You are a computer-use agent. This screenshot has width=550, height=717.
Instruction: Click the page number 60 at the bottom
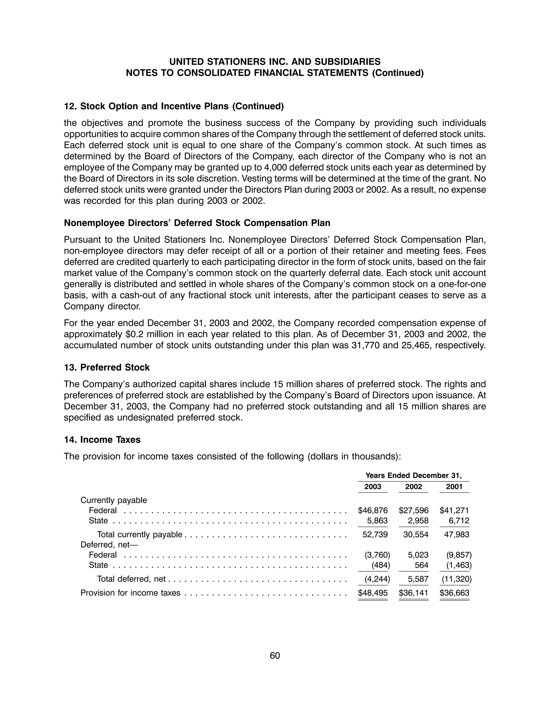click(275, 655)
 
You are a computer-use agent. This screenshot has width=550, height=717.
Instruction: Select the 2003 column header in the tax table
click(372, 487)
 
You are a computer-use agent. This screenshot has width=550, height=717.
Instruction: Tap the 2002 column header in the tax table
click(414, 487)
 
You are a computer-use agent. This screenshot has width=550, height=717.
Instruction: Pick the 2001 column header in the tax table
click(454, 487)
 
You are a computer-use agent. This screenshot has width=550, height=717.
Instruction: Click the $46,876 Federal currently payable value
click(372, 510)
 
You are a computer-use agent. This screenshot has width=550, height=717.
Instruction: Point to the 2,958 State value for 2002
click(418, 521)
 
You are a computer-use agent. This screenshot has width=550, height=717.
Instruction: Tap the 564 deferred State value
click(422, 565)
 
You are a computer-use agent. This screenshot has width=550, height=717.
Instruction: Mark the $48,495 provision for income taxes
click(372, 593)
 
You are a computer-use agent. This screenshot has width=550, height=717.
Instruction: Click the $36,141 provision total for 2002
click(414, 593)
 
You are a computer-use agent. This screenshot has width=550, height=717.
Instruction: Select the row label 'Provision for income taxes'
click(130, 593)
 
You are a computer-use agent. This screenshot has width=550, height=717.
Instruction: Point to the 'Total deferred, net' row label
click(131, 579)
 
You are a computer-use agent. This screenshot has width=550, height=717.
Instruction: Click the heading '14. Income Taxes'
click(102, 439)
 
